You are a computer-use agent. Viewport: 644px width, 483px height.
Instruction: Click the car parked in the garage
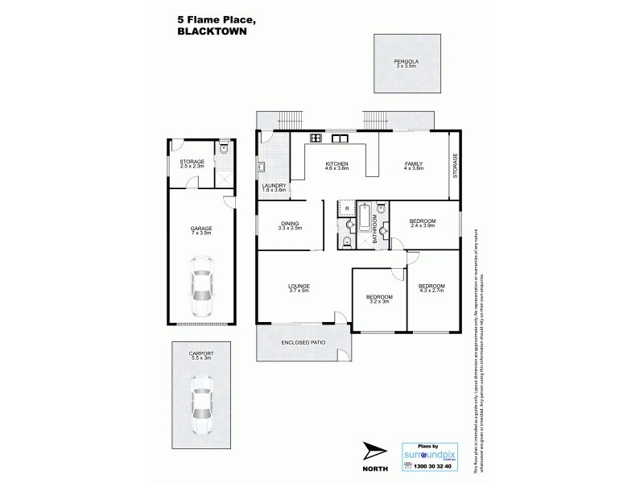tap(200, 286)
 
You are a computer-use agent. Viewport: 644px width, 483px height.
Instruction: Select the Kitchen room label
tap(336, 166)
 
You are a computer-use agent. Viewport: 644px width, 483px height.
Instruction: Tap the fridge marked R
tap(347, 208)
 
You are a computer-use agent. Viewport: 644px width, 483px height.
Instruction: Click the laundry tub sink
tap(262, 167)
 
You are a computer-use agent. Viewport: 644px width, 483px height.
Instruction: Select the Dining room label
tap(290, 225)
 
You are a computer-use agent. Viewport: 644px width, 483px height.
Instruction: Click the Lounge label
tap(299, 288)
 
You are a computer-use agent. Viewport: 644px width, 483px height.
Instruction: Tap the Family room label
tap(413, 166)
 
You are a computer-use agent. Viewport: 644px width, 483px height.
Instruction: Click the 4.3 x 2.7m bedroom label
tap(431, 288)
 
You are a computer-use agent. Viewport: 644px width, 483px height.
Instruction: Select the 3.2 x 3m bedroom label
tap(379, 300)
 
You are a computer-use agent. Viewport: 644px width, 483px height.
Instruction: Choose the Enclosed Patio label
tap(302, 344)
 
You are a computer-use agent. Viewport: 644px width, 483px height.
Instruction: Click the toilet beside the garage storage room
tap(225, 149)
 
